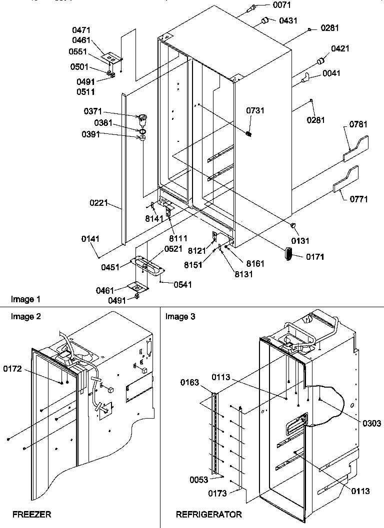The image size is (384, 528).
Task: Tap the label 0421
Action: (340, 48)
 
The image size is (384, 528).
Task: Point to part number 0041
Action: (331, 73)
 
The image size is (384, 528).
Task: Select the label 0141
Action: (91, 239)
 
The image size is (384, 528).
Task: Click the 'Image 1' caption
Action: (25, 299)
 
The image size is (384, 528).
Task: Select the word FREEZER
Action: (31, 514)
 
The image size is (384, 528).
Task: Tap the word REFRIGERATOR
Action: (208, 514)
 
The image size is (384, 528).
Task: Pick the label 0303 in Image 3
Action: (371, 423)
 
